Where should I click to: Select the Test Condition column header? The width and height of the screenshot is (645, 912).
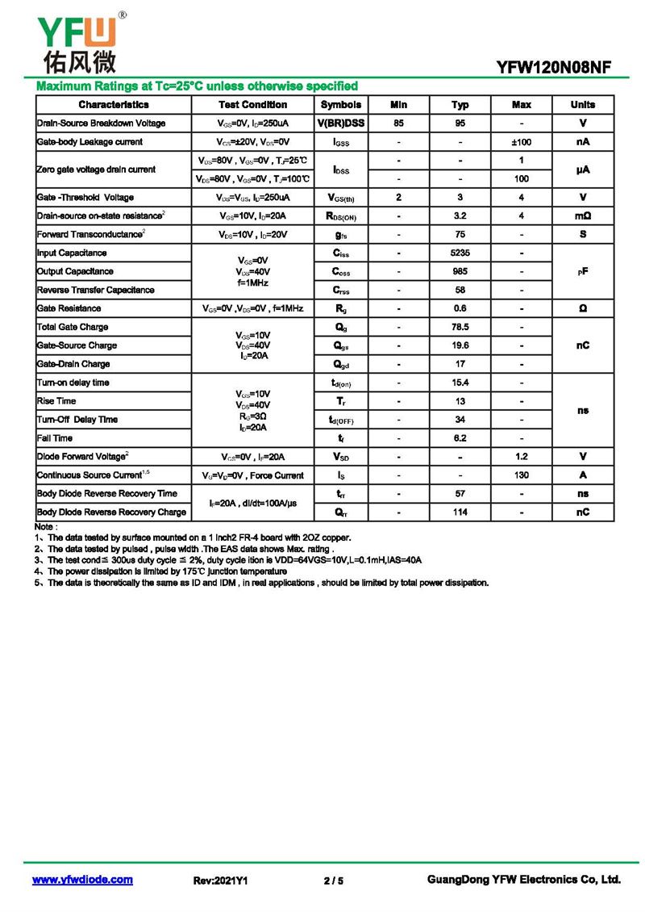[x=252, y=105]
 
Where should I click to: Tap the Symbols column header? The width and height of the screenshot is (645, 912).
[x=341, y=105]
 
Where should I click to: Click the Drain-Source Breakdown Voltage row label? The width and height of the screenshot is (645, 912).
[x=101, y=123]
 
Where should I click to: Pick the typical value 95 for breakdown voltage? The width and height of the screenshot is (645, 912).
[x=460, y=123]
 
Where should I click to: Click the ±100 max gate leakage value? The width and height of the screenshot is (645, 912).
[x=522, y=142]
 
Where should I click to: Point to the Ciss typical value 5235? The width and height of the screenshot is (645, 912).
[x=460, y=253]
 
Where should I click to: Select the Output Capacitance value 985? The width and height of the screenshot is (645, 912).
[x=460, y=272]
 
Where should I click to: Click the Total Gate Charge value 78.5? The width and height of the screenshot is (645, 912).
[x=460, y=327]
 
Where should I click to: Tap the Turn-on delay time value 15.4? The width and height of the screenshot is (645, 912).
[x=460, y=383]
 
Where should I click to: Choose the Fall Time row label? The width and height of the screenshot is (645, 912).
[x=55, y=438]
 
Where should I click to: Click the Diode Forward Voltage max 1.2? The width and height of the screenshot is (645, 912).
[x=522, y=457]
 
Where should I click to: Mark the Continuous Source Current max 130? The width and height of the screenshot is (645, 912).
[x=522, y=475]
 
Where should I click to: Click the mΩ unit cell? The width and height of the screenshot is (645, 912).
[x=583, y=216]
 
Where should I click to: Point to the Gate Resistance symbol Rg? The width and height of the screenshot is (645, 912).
[x=341, y=308]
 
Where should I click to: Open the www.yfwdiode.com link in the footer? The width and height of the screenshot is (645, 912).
[x=82, y=880]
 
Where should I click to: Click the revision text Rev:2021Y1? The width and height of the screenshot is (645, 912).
[x=220, y=881]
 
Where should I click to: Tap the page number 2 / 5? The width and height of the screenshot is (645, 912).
[x=333, y=881]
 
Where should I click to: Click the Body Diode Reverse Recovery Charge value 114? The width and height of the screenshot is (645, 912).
[x=460, y=512]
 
